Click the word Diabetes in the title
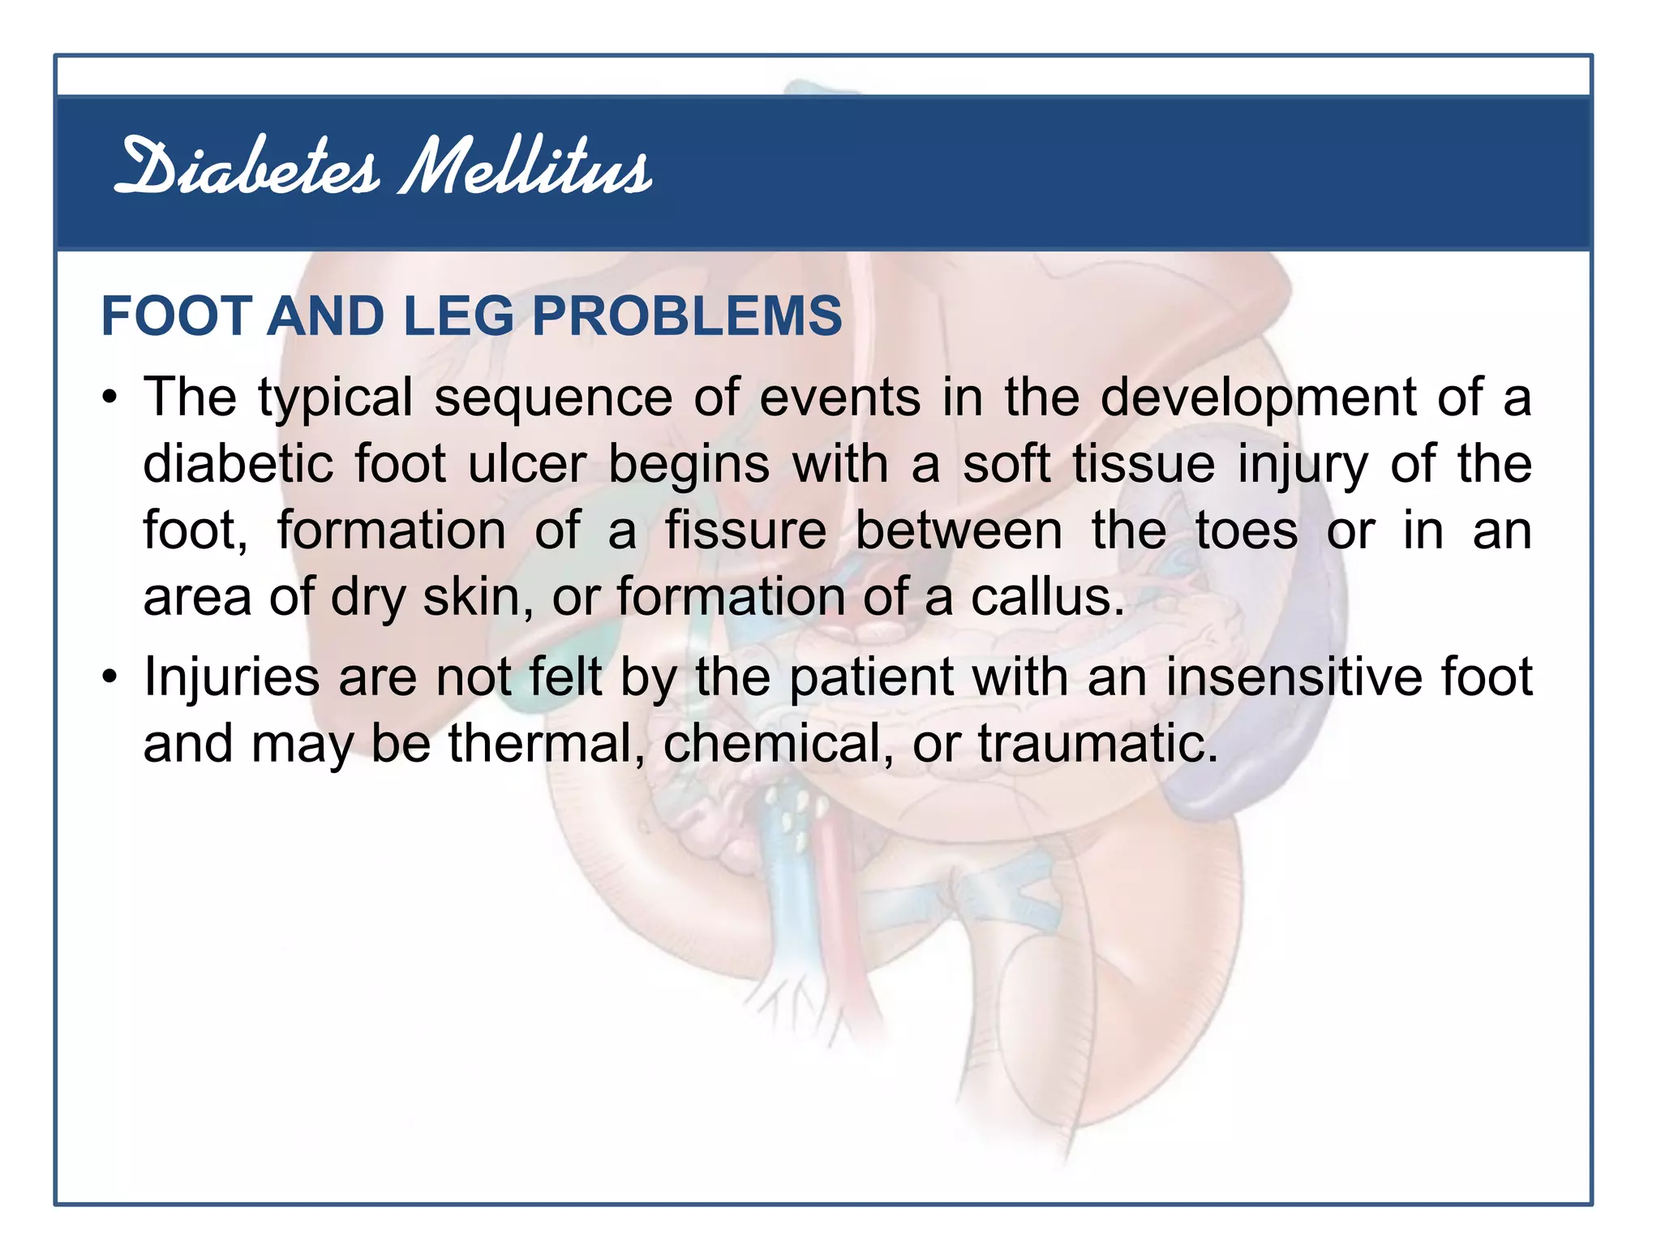tap(247, 169)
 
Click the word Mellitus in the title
tap(526, 169)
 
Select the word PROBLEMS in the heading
tap(687, 316)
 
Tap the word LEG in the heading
tap(458, 316)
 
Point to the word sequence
tap(553, 398)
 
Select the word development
tap(1258, 398)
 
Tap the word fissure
tap(745, 531)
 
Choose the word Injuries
tap(231, 677)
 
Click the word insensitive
tap(1294, 677)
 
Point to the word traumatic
tap(1098, 743)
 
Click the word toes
tap(1247, 531)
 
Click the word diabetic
tap(238, 465)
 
